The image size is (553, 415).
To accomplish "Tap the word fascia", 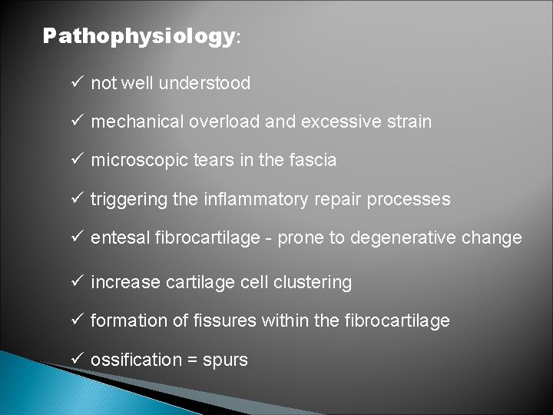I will click(315, 161).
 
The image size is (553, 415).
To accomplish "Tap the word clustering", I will click(313, 283).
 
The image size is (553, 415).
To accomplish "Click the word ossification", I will click(131, 360).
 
